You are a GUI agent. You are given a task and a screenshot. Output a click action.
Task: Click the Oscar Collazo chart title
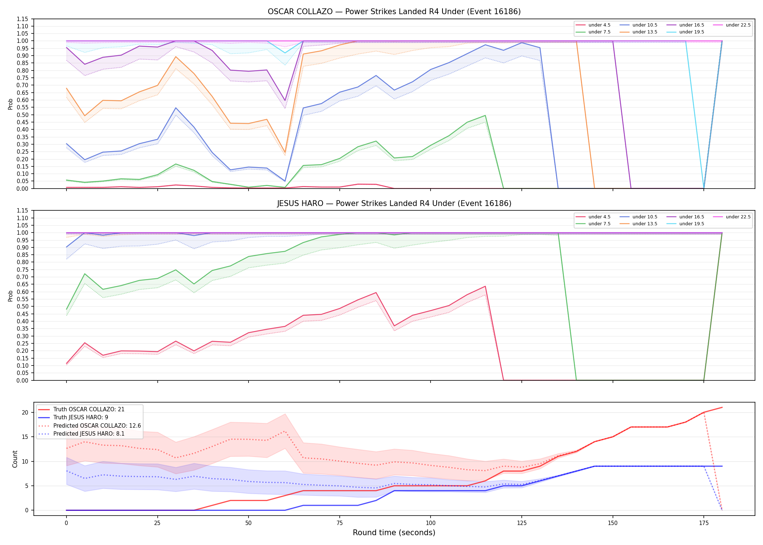394,12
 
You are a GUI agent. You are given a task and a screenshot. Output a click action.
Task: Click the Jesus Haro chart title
394,203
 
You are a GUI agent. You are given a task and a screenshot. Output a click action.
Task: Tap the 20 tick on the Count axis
25,412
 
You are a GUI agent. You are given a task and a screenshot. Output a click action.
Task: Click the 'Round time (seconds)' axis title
394,533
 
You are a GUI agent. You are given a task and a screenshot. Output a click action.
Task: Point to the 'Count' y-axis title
15,459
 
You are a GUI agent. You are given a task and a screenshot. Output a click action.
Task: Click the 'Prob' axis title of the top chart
11,104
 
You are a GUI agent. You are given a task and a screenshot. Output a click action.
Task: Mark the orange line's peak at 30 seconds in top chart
176,57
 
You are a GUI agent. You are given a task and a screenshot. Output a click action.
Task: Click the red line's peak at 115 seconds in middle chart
485,286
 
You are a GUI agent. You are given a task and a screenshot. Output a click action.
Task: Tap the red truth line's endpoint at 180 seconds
722,407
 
